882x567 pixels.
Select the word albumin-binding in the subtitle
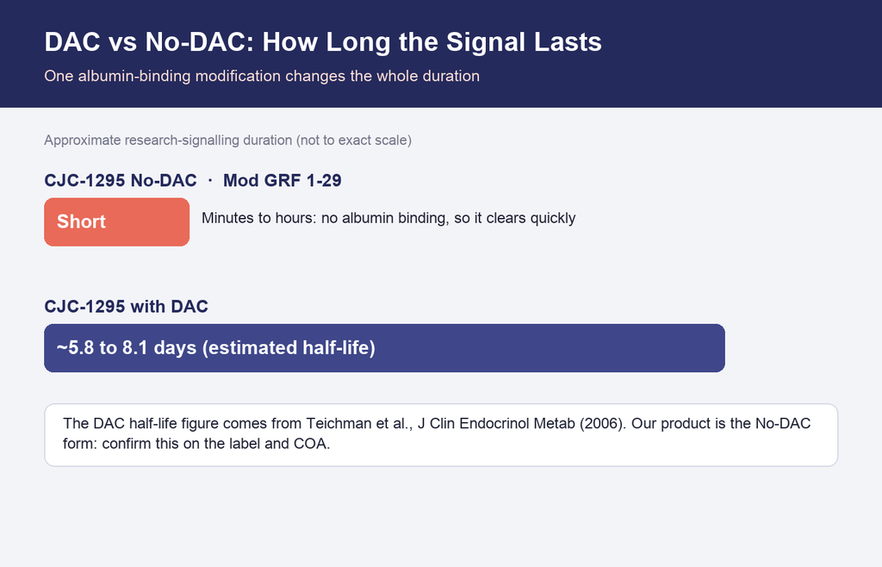pyautogui.click(x=134, y=76)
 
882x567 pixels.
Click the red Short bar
pyautogui.click(x=117, y=221)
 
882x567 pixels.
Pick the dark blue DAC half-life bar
pyautogui.click(x=385, y=347)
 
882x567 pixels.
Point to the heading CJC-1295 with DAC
pyautogui.click(x=127, y=307)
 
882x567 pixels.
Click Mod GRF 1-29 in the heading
pyautogui.click(x=283, y=181)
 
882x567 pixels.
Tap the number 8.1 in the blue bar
pyautogui.click(x=135, y=347)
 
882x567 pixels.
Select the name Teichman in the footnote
pyautogui.click(x=339, y=423)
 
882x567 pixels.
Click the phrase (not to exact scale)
pyautogui.click(x=354, y=140)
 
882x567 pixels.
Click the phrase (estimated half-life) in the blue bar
pyautogui.click(x=289, y=347)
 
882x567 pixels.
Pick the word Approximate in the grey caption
pyautogui.click(x=83, y=140)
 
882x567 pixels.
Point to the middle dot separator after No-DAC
pyautogui.click(x=210, y=181)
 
